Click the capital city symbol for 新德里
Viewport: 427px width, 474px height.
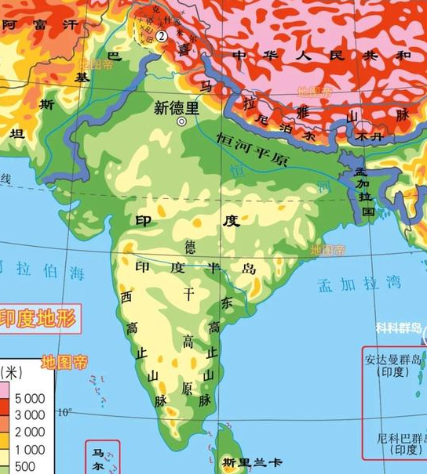point(182,121)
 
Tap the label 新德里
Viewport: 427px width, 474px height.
point(176,108)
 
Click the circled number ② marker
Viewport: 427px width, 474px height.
point(162,35)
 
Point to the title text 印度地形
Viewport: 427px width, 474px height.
point(37,318)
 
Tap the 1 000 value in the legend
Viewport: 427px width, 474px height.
point(27,450)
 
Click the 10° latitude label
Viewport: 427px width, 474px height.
point(64,411)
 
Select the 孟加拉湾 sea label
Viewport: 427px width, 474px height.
point(359,284)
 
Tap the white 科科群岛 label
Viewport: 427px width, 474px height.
point(399,328)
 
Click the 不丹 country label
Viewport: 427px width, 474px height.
point(361,135)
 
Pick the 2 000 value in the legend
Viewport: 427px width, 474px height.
point(27,432)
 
